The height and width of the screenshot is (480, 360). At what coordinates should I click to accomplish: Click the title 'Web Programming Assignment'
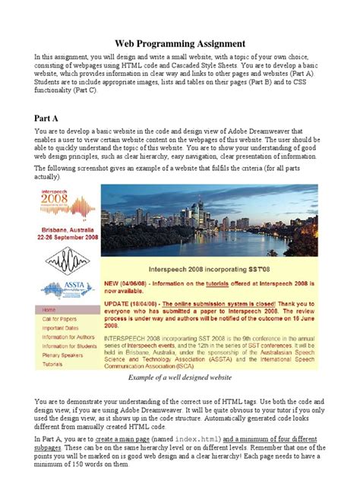[180, 44]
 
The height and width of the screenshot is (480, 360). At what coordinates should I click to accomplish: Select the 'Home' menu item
[49, 311]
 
